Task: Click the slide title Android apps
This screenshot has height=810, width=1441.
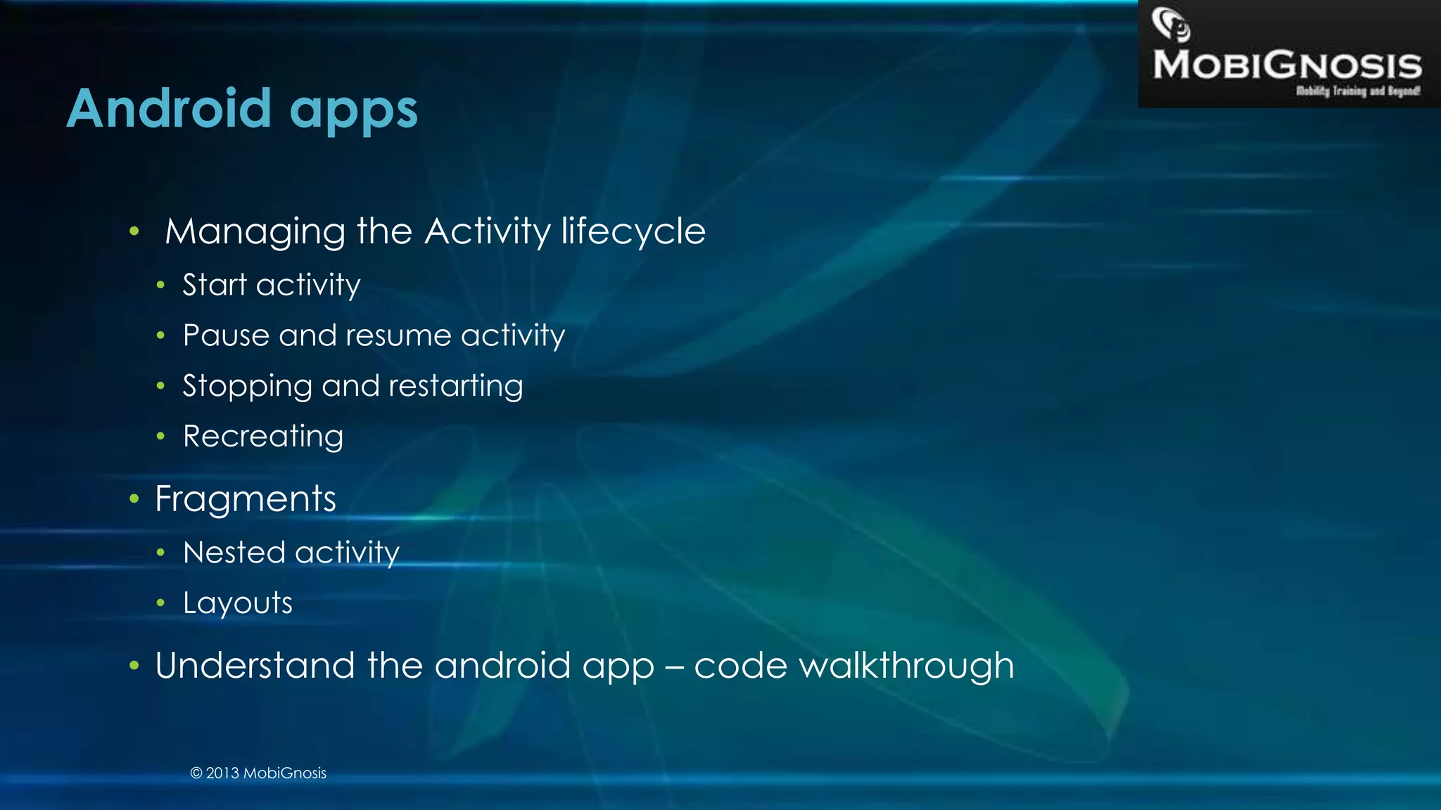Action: [242, 110]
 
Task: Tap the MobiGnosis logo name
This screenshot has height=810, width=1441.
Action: [1287, 65]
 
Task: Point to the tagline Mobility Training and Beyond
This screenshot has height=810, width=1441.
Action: [1358, 91]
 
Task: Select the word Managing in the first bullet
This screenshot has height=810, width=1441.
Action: [254, 232]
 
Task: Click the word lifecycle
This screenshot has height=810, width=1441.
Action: [633, 232]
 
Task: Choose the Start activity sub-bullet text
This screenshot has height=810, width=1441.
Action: [272, 285]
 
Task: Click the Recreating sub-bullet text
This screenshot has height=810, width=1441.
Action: [263, 437]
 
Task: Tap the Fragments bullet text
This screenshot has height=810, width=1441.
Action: [246, 499]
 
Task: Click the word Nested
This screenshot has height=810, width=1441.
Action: [234, 553]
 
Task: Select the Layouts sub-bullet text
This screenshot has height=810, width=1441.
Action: [238, 603]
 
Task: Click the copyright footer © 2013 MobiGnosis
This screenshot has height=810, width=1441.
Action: [258, 773]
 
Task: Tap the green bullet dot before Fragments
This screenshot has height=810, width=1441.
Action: [134, 499]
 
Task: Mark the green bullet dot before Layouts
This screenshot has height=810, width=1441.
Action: [160, 603]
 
